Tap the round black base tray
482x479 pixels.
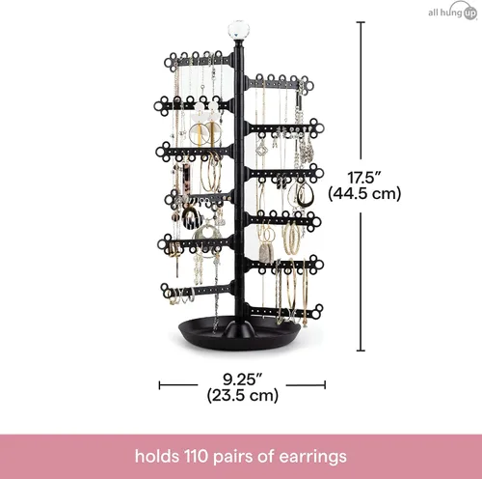(x=239, y=336)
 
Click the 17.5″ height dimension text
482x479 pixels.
(x=364, y=178)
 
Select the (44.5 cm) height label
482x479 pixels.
(x=364, y=194)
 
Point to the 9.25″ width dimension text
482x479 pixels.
(x=243, y=380)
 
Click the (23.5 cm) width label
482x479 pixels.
(x=243, y=395)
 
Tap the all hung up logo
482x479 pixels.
(x=453, y=13)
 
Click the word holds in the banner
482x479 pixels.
(x=157, y=456)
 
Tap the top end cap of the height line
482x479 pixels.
(x=361, y=22)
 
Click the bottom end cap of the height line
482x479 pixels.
(x=361, y=351)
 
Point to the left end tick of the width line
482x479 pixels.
(x=159, y=385)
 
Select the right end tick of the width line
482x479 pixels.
(x=325, y=385)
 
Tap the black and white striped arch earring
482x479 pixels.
(x=192, y=218)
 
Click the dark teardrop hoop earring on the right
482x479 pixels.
(x=305, y=194)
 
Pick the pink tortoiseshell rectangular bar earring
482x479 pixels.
(x=187, y=178)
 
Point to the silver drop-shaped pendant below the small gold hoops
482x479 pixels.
(x=266, y=254)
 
